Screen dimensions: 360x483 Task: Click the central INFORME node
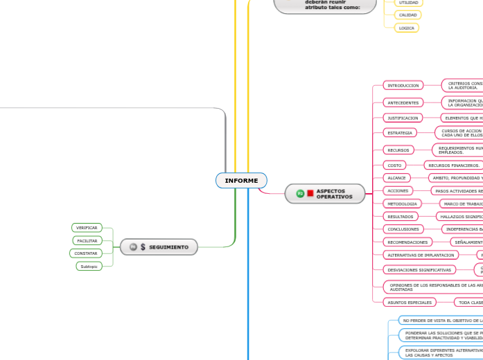click(x=241, y=181)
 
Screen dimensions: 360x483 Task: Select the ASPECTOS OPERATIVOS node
click(x=325, y=194)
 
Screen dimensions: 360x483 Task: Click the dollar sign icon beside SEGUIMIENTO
click(x=143, y=247)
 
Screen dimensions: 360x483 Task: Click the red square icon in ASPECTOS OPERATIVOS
click(x=310, y=194)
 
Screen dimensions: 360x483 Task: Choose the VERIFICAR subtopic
click(x=87, y=228)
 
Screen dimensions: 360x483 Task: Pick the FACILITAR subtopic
click(x=87, y=241)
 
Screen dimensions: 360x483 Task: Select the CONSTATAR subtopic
click(x=86, y=253)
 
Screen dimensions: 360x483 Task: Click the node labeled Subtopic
click(x=89, y=267)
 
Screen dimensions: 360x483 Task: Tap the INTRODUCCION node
click(x=403, y=85)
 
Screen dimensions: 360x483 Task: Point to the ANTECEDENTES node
click(x=403, y=102)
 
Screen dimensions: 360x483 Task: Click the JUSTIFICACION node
click(x=403, y=118)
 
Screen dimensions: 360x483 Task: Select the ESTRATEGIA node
click(x=400, y=132)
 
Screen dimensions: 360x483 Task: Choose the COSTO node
click(x=394, y=165)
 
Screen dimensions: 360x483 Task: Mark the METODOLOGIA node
click(x=402, y=204)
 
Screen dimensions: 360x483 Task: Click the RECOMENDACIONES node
click(x=407, y=242)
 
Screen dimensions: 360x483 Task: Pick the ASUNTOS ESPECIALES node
click(x=410, y=303)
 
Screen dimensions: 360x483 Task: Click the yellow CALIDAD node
click(x=407, y=15)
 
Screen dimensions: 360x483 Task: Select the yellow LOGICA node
click(x=407, y=28)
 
